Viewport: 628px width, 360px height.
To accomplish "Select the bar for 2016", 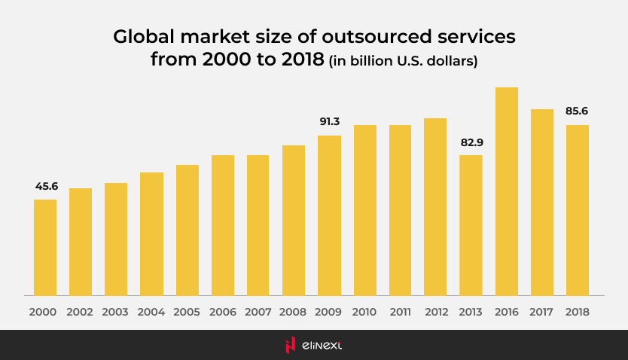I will pyautogui.click(x=507, y=191).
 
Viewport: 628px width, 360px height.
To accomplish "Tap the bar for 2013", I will pyautogui.click(x=471, y=225).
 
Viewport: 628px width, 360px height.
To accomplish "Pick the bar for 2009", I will pyautogui.click(x=329, y=215).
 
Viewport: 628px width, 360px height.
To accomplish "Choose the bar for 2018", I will pyautogui.click(x=578, y=210).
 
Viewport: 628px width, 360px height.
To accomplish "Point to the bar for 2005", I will pyautogui.click(x=187, y=230).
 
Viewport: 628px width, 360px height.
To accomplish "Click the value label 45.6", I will pyautogui.click(x=45, y=186).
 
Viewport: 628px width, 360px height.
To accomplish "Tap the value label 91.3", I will pyautogui.click(x=329, y=122).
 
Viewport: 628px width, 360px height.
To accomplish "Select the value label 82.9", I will pyautogui.click(x=471, y=142).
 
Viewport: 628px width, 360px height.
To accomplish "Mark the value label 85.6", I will pyautogui.click(x=577, y=111).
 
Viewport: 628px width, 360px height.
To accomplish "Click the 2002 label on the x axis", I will pyautogui.click(x=81, y=311).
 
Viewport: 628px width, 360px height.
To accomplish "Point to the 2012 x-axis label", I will pyautogui.click(x=435, y=311).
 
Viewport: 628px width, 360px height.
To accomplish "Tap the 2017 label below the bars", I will pyautogui.click(x=542, y=311).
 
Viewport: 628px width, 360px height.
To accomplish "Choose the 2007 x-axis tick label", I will pyautogui.click(x=258, y=311).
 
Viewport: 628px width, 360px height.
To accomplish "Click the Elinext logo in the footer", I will pyautogui.click(x=313, y=345).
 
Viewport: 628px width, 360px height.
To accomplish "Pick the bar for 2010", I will pyautogui.click(x=364, y=210).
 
